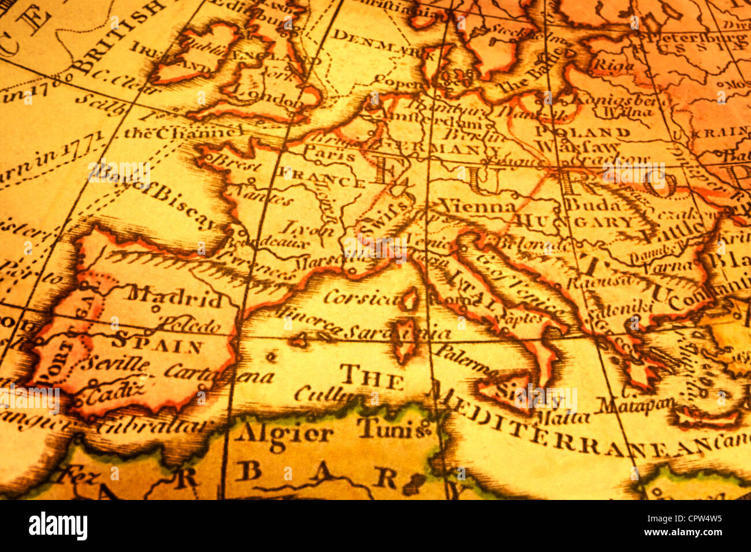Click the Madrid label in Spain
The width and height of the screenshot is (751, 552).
pyautogui.click(x=175, y=298)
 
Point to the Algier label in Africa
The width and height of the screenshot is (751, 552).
pyautogui.click(x=284, y=432)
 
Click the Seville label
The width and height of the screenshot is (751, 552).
pyautogui.click(x=115, y=364)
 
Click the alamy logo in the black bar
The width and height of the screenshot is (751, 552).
pyautogui.click(x=58, y=526)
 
